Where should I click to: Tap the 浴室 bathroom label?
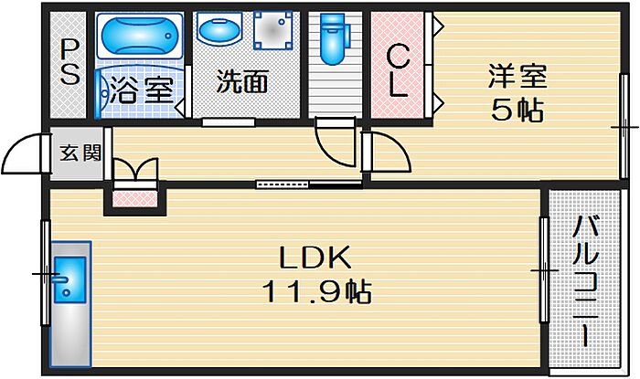click(x=141, y=89)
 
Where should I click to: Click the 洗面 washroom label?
click(x=242, y=82)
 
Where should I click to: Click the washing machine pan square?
click(x=272, y=34)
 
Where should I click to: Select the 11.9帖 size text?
click(x=316, y=293)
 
